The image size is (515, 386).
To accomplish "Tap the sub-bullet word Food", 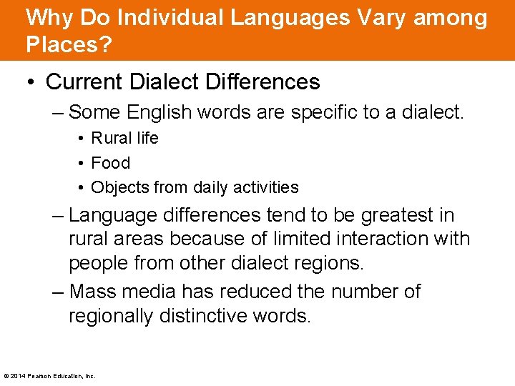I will pyautogui.click(x=110, y=163).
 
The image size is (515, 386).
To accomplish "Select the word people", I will pyautogui.click(x=102, y=263).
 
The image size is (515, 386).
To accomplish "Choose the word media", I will pyautogui.click(x=152, y=292).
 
